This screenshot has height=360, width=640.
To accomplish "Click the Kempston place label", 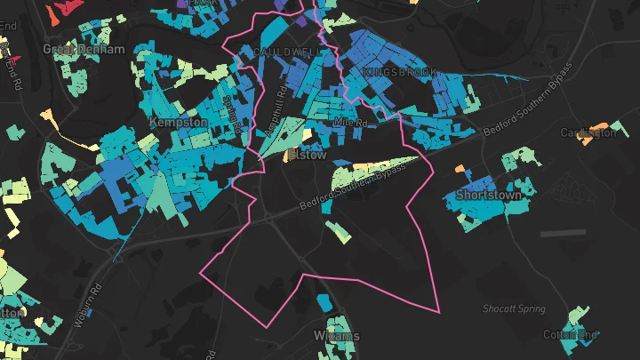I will coord(178,122).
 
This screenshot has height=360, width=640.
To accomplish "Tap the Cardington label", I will coord(588,132).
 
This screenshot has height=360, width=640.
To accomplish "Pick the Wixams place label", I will coord(337,336).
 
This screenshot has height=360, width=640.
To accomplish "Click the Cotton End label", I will coord(572,335).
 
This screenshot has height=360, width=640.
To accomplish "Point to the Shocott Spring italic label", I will coord(514,308).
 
